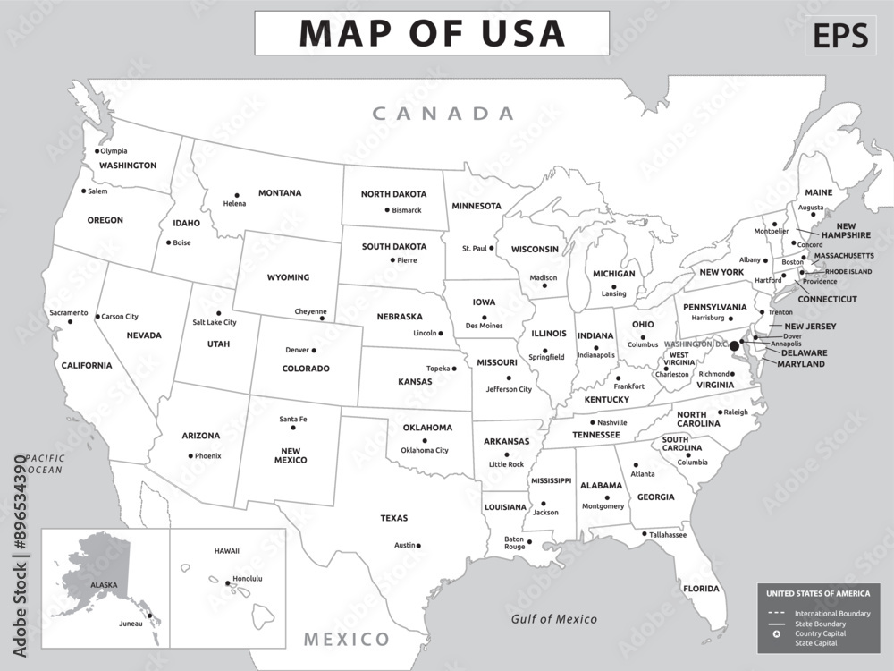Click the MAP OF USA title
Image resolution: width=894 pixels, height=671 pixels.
[432, 33]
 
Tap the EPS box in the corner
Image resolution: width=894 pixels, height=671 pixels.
[840, 35]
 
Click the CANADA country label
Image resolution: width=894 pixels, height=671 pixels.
[443, 114]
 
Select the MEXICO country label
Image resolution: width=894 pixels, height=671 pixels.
[347, 639]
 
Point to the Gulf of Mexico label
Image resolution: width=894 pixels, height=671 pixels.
[553, 619]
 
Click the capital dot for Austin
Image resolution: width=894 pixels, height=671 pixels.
[418, 545]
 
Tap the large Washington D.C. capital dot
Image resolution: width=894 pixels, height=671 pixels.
[735, 345]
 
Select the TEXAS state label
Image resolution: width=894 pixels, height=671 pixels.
[393, 518]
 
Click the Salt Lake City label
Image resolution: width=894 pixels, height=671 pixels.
[215, 322]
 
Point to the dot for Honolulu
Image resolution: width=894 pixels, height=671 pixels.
[227, 583]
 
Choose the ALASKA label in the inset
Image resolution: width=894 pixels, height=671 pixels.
[103, 584]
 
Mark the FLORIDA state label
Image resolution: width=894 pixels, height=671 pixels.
[701, 589]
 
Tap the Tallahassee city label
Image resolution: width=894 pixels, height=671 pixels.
[668, 535]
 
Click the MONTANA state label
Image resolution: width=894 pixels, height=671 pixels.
[280, 192]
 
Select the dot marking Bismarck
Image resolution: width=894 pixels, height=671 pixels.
[387, 210]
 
